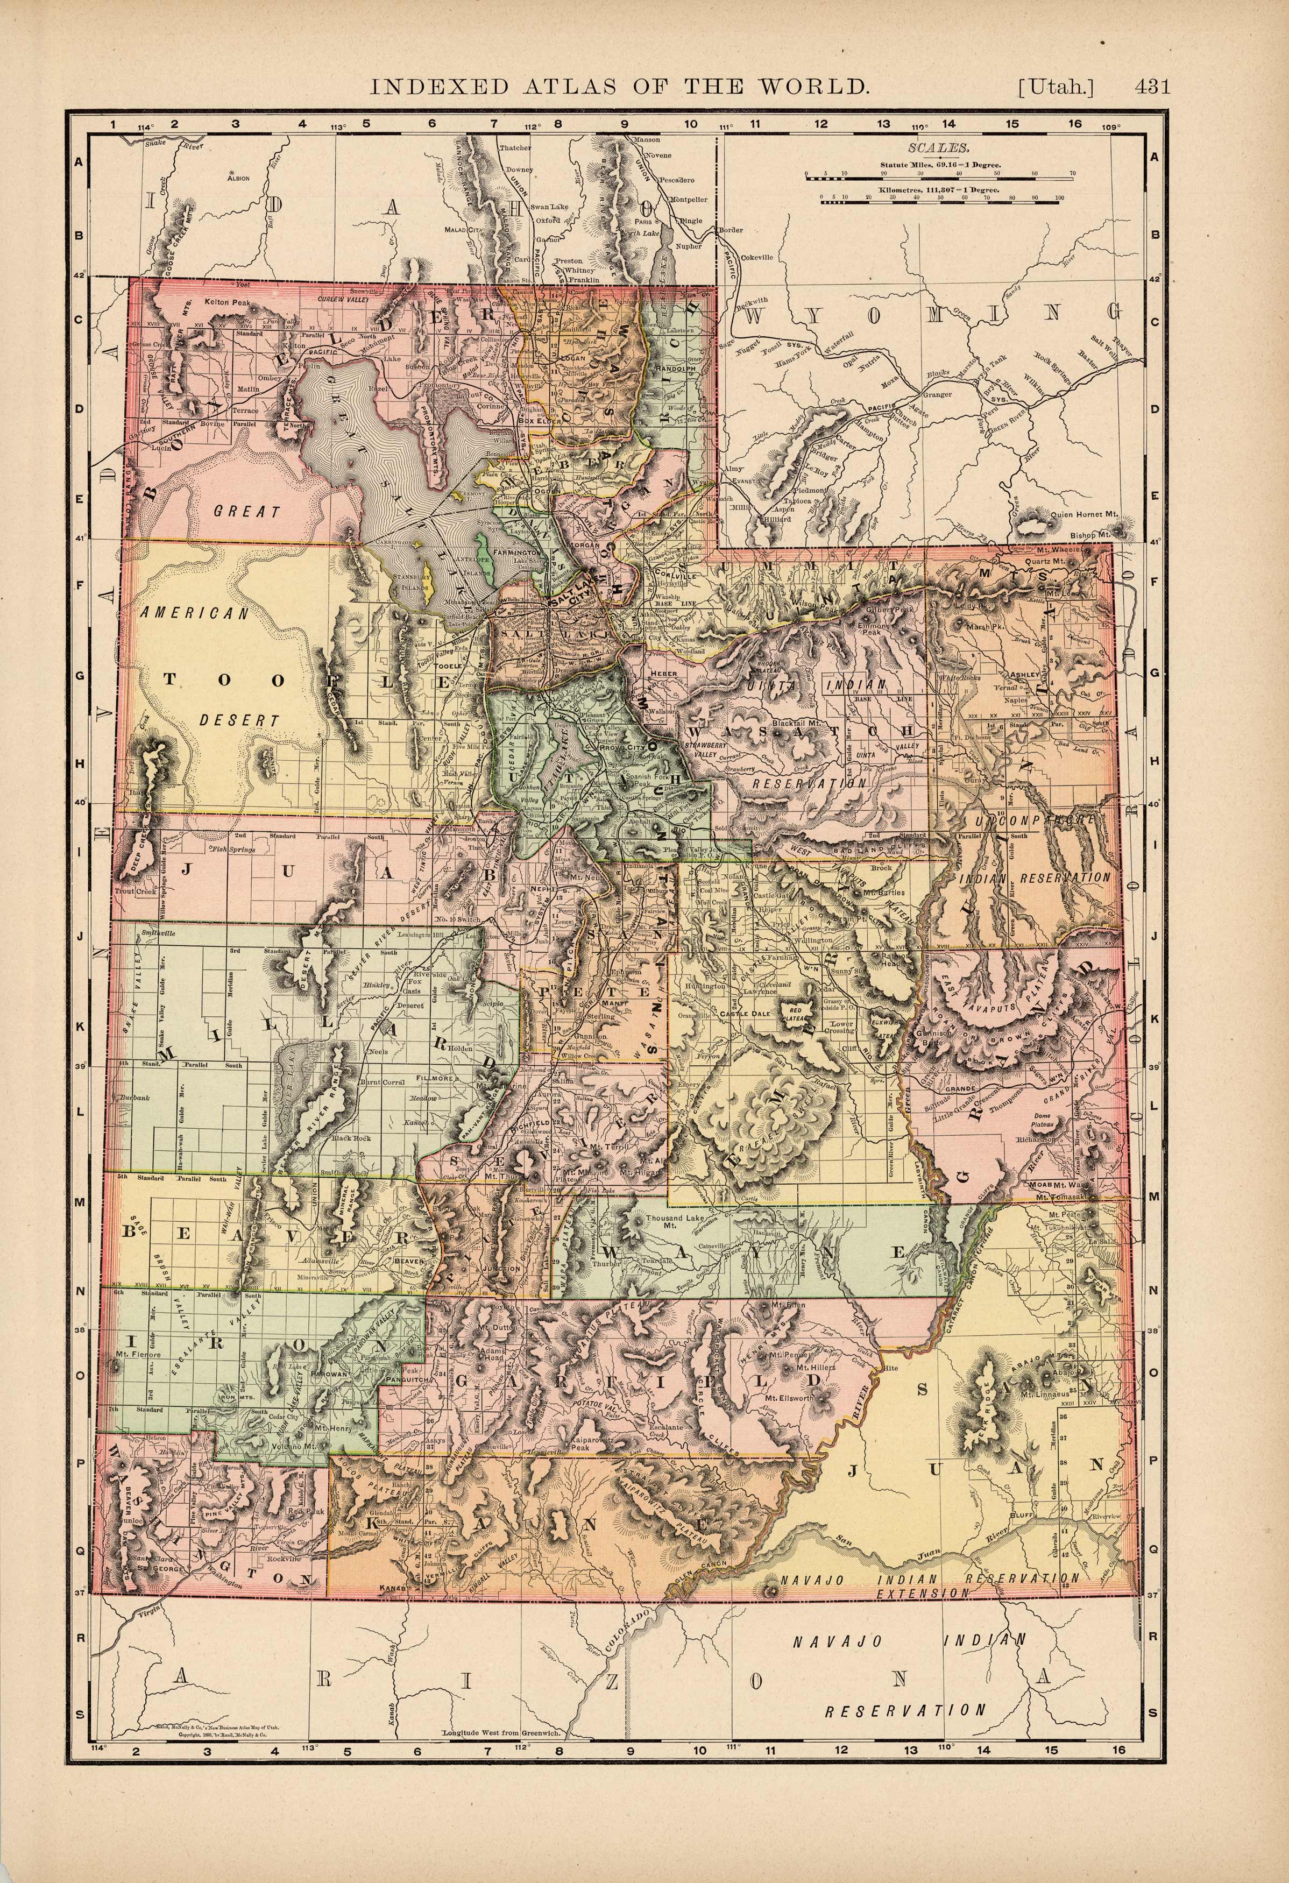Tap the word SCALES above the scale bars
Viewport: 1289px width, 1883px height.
pos(939,148)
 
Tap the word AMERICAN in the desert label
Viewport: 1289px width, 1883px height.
pos(194,614)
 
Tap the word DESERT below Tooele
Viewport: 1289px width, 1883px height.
pos(240,719)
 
